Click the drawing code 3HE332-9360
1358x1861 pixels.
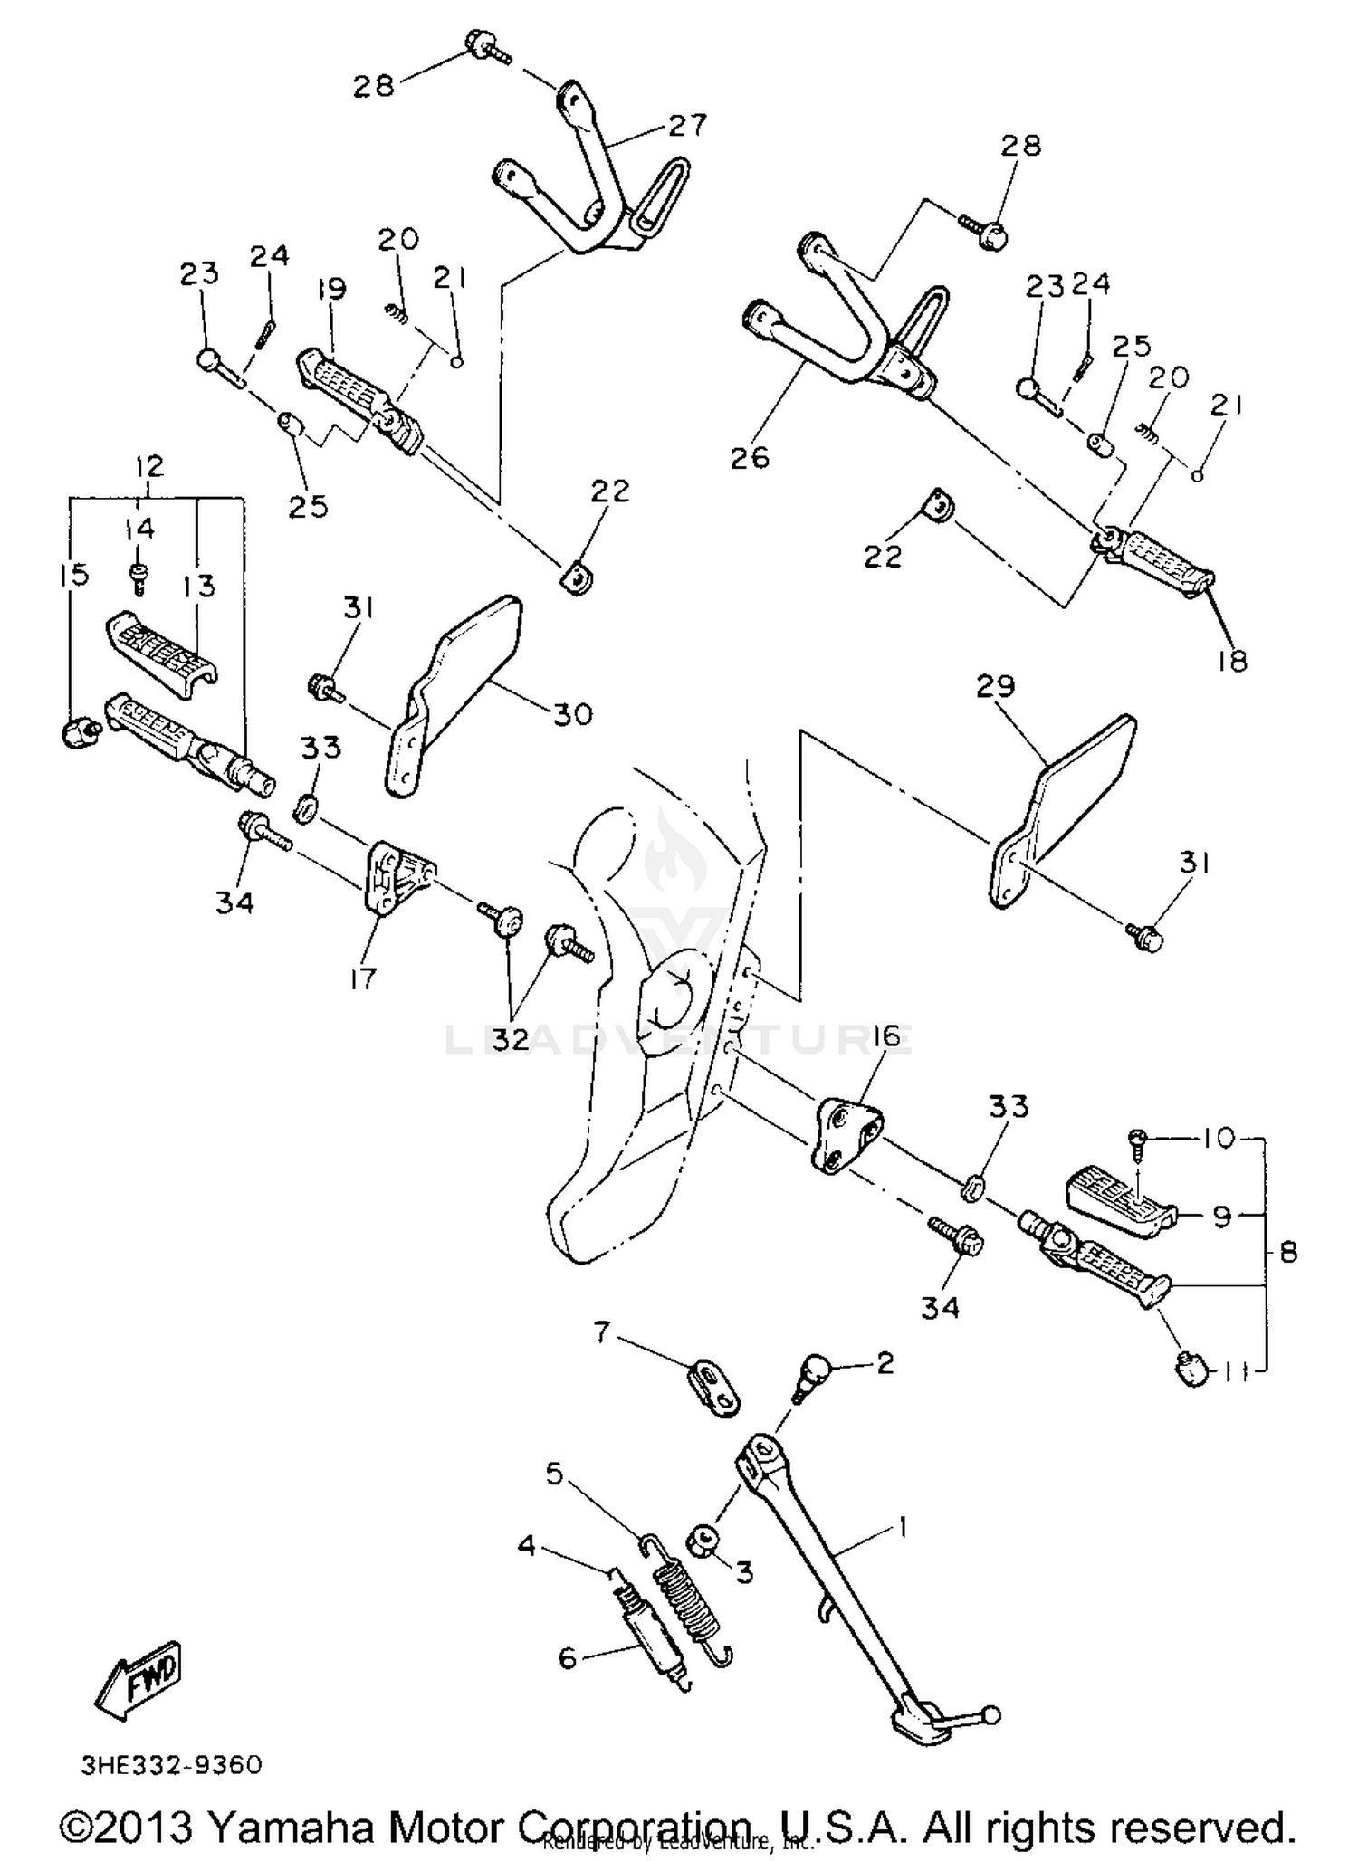coord(171,1766)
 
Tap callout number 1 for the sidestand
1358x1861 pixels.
coord(901,1530)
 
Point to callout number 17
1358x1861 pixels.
coord(362,978)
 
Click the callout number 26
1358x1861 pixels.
coord(750,458)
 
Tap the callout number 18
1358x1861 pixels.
coord(1232,662)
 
